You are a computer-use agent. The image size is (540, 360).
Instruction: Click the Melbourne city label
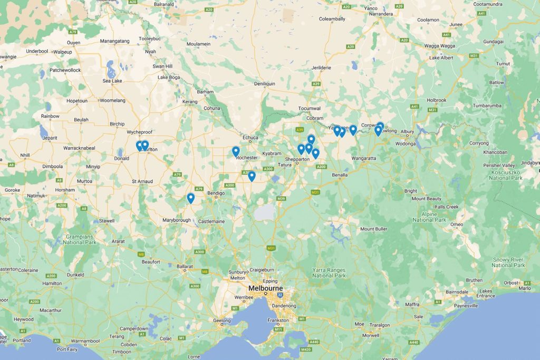pos(266,288)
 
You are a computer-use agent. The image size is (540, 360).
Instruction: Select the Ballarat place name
pos(185,267)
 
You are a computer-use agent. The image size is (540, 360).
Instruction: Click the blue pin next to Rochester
pos(236,152)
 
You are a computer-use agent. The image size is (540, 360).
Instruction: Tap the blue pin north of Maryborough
pos(190,198)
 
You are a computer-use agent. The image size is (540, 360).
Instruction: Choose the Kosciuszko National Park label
pos(506,174)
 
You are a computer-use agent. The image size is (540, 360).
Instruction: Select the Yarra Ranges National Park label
pos(329,273)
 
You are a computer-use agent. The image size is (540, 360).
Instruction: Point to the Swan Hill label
pos(162,66)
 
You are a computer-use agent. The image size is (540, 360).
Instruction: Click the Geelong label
pos(222,320)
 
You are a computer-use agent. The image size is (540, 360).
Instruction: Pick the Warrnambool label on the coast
pos(85,341)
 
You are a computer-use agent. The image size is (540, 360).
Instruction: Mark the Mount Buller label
pos(374,229)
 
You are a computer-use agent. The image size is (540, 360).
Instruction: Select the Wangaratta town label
pos(364,158)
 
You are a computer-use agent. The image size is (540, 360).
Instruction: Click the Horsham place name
pos(65,190)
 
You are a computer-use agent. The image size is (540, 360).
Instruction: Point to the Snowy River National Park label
pos(509,262)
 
